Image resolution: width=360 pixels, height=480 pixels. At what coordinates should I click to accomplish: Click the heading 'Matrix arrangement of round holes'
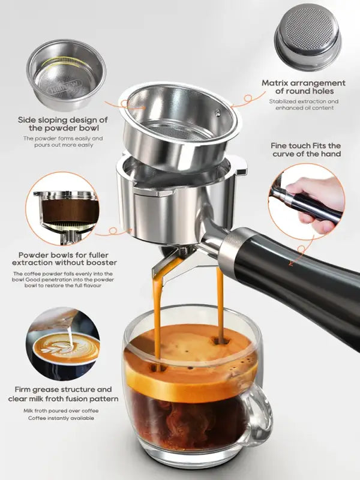[303, 87]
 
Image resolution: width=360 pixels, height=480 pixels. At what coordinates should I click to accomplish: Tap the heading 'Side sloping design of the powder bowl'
[64, 124]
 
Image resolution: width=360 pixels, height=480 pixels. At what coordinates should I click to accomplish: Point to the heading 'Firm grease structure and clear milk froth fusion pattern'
[64, 394]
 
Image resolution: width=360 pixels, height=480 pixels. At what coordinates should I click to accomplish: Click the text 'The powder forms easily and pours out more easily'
[64, 142]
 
